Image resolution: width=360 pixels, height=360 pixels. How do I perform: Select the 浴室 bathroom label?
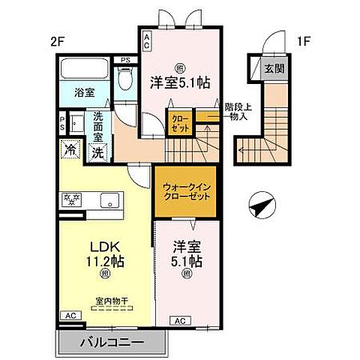84,94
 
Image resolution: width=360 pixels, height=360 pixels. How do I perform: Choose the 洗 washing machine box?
98,150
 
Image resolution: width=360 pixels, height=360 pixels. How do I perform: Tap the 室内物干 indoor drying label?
106,301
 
